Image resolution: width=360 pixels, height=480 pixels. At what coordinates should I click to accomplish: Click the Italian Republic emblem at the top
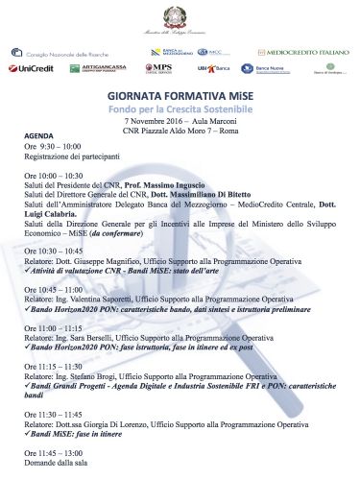click(180, 15)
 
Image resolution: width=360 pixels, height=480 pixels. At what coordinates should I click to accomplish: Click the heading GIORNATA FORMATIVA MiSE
click(180, 97)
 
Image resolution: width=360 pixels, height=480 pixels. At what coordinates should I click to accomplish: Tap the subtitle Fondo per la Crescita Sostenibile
click(180, 110)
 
